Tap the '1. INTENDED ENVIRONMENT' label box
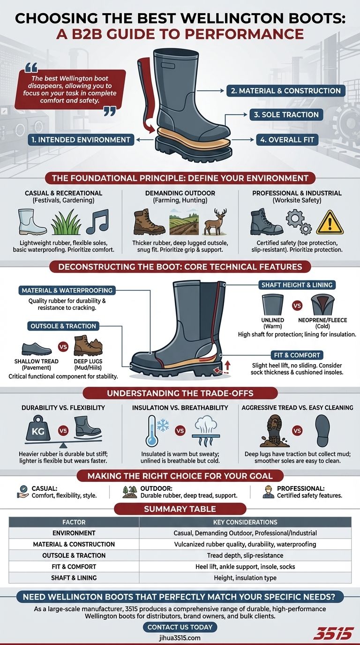point(81,139)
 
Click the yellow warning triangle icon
point(330,222)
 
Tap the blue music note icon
point(97,221)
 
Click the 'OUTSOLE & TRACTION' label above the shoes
point(63,326)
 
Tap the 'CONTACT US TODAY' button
point(180,627)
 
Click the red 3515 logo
point(333,633)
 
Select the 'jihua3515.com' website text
point(180,637)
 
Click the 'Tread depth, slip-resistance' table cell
point(245,555)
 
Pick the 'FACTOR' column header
point(74,522)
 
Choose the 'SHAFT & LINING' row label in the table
point(74,577)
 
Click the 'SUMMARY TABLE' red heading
point(180,509)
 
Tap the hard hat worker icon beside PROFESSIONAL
point(269,491)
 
